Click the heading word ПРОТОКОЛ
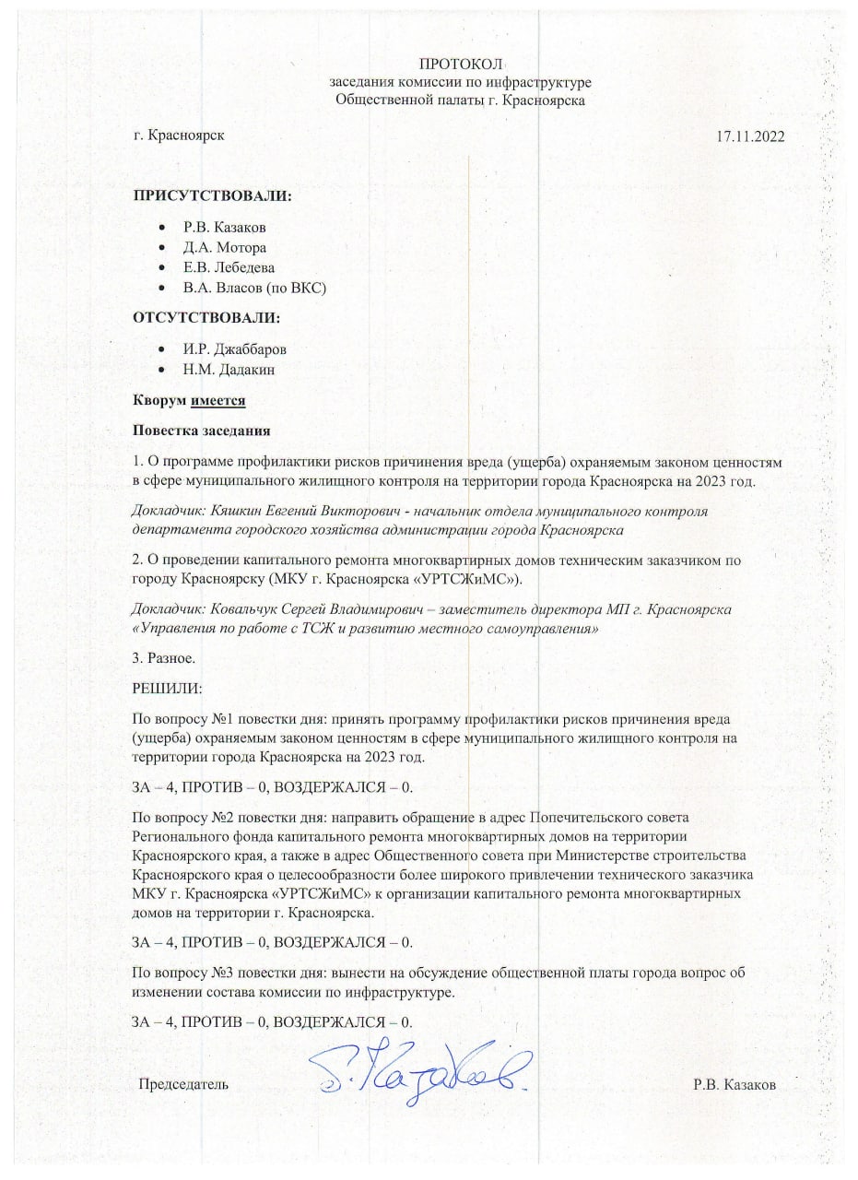point(460,64)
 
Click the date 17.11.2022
point(749,136)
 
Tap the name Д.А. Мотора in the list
point(225,247)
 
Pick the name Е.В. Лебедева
point(229,267)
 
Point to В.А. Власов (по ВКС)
point(255,288)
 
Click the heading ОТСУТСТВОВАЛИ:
point(206,318)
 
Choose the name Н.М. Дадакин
point(229,370)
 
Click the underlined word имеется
point(218,401)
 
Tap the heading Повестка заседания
point(200,431)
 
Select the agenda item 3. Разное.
point(164,658)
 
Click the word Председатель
point(182,1084)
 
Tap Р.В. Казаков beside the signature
point(735,1084)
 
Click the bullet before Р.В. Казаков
point(162,227)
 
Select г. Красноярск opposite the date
point(178,135)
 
